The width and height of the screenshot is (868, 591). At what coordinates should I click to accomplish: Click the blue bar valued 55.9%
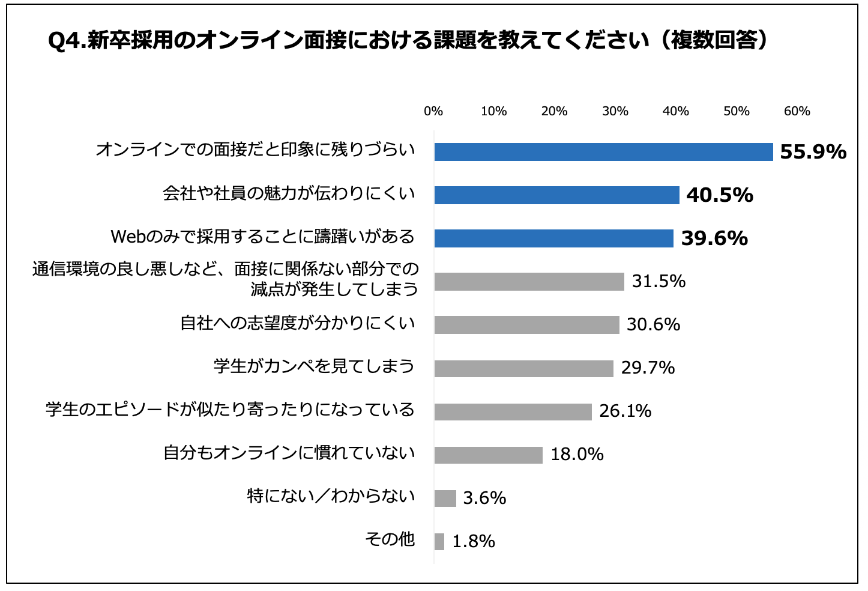point(603,152)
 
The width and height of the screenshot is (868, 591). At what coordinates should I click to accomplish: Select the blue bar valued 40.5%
point(556,195)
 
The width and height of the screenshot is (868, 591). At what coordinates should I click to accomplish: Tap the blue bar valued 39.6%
point(553,238)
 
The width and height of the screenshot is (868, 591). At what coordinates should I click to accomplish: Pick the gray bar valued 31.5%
point(529,282)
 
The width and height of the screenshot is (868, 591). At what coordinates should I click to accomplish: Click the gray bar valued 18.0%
point(488,455)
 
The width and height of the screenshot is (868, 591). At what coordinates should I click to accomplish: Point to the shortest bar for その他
point(439,541)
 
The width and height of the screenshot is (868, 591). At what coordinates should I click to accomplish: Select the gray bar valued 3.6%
point(445,498)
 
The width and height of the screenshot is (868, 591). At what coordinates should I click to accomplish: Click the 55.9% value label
point(813,152)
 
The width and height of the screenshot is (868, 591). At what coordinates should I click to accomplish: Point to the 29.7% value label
point(648,368)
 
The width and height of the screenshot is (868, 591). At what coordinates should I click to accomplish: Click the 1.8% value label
point(473,542)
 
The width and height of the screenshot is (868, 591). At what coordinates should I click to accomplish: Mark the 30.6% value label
point(653,325)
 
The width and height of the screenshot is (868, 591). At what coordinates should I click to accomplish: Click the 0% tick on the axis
point(433,111)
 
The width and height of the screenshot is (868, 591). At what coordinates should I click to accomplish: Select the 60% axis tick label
point(797,111)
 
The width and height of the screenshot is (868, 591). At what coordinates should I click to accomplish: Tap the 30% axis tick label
point(615,111)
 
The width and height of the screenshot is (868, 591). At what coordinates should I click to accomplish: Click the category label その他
point(390,539)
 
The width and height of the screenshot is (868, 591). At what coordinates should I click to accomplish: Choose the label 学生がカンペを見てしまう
point(314,366)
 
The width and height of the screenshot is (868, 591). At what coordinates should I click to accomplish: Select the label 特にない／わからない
point(331,496)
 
